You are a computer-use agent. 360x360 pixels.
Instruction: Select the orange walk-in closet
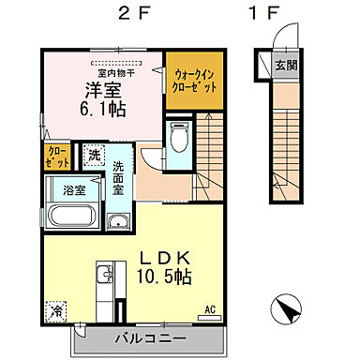194,82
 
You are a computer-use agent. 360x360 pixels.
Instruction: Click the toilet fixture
178,138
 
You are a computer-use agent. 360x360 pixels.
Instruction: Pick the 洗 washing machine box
95,156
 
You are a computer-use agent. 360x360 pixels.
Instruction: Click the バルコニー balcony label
150,338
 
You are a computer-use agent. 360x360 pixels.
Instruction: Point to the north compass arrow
287,307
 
